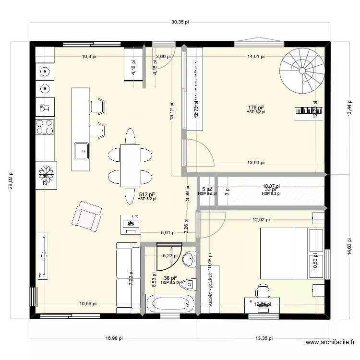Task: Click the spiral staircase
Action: [x=301, y=71]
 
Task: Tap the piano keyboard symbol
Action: [x=307, y=114]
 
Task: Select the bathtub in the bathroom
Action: [x=170, y=304]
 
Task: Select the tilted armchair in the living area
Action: [x=86, y=214]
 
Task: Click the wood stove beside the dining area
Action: [x=131, y=224]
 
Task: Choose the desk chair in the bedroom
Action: [x=262, y=291]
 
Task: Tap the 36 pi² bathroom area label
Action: [x=170, y=278]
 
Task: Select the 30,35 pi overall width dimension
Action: [x=180, y=22]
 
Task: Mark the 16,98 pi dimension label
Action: [x=112, y=338]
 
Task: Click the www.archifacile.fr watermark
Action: [x=330, y=343]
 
